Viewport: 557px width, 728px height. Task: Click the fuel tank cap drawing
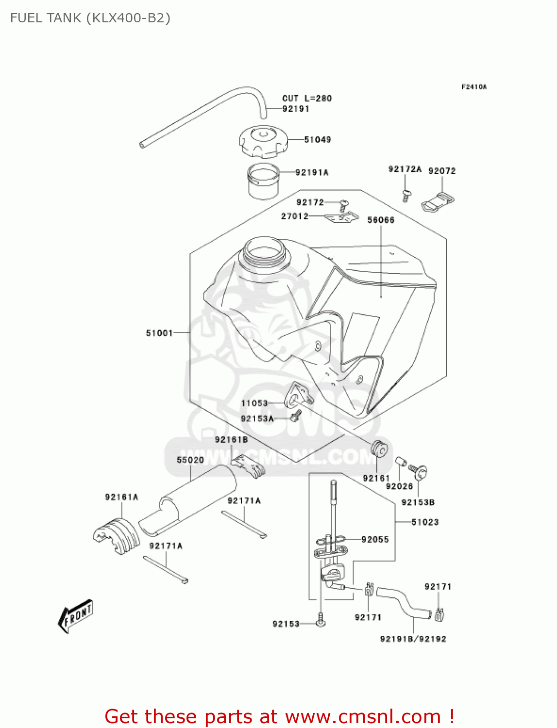(x=263, y=141)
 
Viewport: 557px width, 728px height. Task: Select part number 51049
(x=318, y=140)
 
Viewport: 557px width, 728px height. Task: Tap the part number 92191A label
(x=312, y=172)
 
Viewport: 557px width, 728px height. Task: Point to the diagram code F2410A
(x=473, y=87)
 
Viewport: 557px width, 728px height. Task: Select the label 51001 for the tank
(x=159, y=333)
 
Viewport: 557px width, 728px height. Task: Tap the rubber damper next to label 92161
(x=380, y=449)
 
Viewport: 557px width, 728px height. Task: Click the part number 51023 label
(x=425, y=522)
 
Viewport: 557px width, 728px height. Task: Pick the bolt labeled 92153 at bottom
(x=321, y=620)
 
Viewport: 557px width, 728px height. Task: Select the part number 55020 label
(x=190, y=460)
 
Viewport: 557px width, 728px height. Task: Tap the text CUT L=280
(x=307, y=99)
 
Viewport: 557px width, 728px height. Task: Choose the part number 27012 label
(x=295, y=216)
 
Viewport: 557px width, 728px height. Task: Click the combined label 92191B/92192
(x=413, y=639)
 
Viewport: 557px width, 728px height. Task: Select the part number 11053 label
(x=254, y=403)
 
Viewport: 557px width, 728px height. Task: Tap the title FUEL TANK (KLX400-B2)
(x=90, y=18)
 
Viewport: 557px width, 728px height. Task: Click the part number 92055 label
(x=375, y=540)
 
